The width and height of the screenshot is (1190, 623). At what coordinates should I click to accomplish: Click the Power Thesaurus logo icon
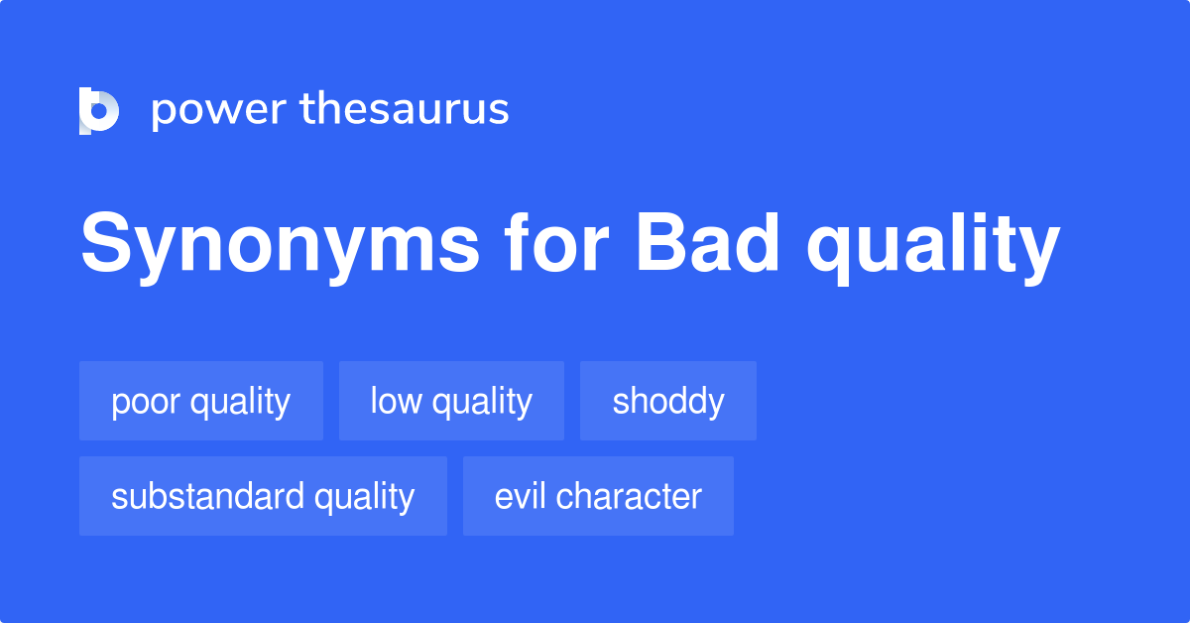(x=99, y=110)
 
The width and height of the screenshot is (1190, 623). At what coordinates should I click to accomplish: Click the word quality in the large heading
(x=933, y=248)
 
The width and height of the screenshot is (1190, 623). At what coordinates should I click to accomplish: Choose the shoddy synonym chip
(x=668, y=401)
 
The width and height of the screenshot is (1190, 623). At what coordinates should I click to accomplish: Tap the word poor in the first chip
(x=145, y=402)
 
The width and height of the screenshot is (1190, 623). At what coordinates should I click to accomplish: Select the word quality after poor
(x=240, y=402)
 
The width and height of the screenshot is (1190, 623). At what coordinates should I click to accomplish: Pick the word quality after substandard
(x=365, y=497)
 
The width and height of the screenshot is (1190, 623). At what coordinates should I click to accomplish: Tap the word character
(x=631, y=496)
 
